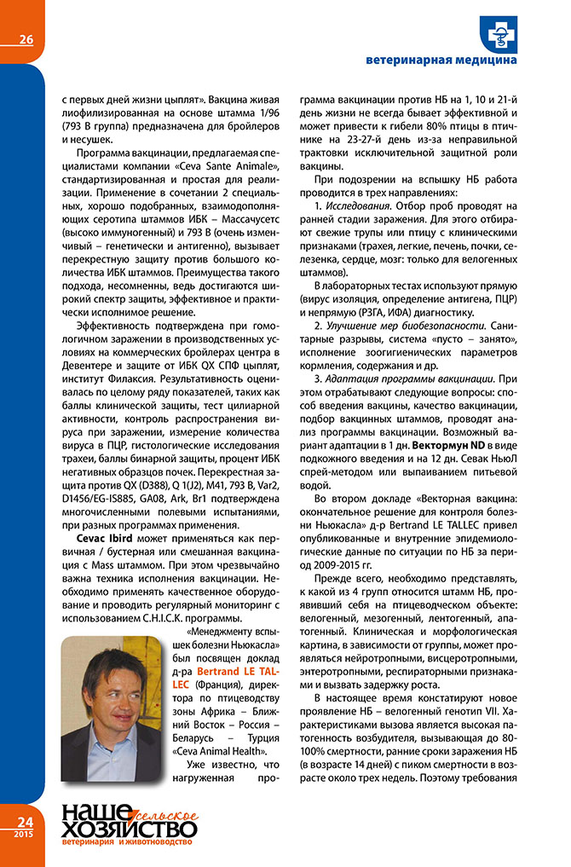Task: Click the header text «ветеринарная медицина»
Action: [441, 61]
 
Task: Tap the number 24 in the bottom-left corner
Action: [21, 821]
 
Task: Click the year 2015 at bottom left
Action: [21, 832]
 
